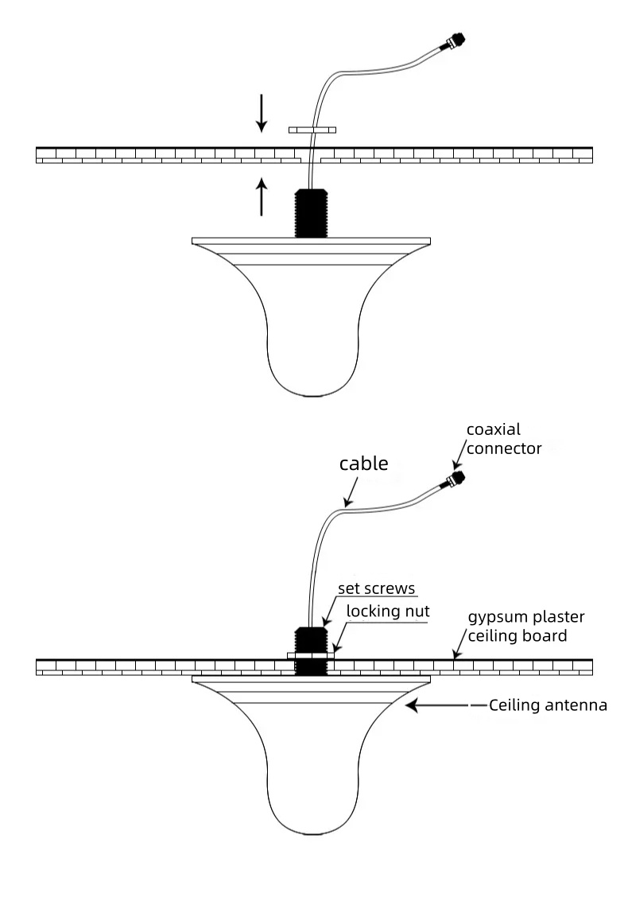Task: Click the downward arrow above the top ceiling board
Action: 262,113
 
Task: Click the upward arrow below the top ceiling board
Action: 262,196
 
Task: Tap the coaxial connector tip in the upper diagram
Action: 456,40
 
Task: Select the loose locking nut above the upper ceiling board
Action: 312,128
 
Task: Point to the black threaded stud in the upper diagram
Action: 311,212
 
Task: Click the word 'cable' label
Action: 364,464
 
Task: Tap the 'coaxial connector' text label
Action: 503,439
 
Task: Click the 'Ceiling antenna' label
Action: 548,704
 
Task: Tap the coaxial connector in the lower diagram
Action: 456,479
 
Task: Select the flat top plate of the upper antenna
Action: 312,240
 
